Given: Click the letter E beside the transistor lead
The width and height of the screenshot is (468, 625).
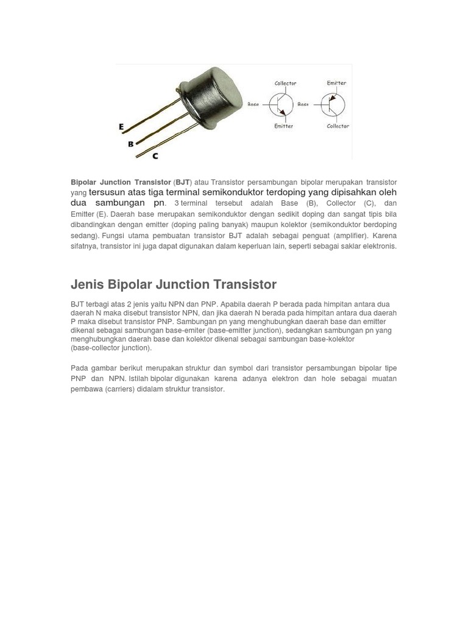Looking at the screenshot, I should [121, 127].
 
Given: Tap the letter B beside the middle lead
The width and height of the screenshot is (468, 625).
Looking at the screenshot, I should [130, 144].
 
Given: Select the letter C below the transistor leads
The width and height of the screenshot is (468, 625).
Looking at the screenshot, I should [155, 156].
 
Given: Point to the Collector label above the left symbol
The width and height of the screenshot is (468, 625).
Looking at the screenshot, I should [285, 84].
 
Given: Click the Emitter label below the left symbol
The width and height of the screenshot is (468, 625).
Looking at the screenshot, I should [283, 126].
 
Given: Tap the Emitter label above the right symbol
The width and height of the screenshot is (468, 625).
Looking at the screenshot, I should [336, 83].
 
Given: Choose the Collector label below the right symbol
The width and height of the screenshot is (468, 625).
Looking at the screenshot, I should [338, 126].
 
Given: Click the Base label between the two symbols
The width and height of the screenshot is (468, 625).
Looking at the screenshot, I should [303, 104].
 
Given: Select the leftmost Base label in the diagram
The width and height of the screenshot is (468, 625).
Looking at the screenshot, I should [253, 104].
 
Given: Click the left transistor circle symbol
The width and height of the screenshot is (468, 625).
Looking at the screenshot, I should [282, 105].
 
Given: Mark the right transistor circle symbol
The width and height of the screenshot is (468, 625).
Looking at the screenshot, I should [333, 105].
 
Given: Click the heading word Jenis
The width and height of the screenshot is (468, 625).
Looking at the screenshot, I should [87, 284].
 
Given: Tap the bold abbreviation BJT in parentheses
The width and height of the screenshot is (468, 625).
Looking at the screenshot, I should [182, 182].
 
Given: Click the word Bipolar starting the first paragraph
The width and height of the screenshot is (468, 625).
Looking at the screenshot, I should [83, 182].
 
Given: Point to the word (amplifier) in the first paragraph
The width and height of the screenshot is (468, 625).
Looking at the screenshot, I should [350, 236].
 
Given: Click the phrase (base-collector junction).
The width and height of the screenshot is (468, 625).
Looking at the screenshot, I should [111, 348].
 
